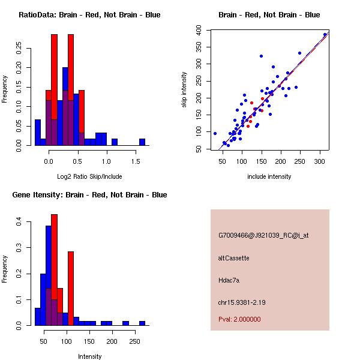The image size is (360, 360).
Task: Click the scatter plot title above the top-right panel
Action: coord(269,15)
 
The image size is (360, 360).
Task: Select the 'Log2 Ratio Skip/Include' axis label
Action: coord(89,177)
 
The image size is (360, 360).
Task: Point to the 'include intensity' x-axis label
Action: coord(269,177)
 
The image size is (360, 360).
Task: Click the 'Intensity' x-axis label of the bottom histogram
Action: coord(89,357)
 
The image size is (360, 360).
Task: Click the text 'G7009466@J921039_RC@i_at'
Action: coord(263,236)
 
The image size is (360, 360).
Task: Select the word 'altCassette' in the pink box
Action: coord(234,258)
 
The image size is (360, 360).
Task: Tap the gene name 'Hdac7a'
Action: coord(229,280)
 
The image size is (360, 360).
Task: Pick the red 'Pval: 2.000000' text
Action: coord(240,319)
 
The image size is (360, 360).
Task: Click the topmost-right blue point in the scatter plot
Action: coord(325,35)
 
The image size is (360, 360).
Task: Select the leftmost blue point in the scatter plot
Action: coord(215,133)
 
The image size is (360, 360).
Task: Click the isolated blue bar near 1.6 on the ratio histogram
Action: coord(142,142)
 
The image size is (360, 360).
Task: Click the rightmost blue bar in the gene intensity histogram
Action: coord(142,323)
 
